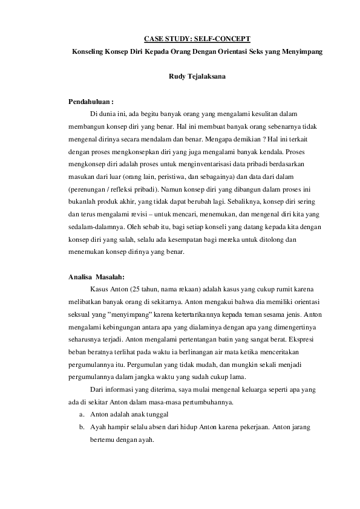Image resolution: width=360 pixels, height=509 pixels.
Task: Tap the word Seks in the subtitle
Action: coord(261,52)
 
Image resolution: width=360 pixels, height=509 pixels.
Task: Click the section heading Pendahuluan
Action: coord(90,101)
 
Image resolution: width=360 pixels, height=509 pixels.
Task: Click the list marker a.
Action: coord(81,415)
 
